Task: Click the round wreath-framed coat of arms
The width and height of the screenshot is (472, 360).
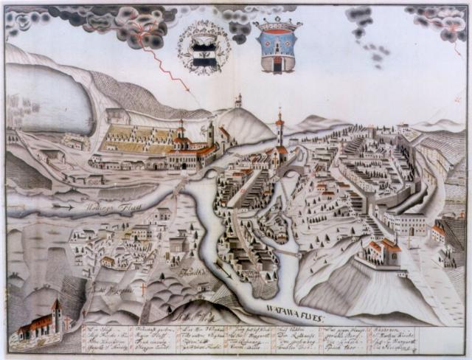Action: [203, 49]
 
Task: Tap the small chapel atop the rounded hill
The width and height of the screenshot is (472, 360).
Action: [238, 101]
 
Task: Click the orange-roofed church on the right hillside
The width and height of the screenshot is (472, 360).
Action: [382, 251]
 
